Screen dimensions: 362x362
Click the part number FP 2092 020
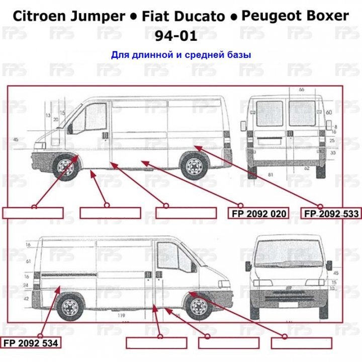[259, 214]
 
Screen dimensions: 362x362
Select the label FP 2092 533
[331, 214]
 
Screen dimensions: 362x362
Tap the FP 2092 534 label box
[31, 343]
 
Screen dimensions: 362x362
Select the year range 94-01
[181, 36]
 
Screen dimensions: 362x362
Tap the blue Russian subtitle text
[181, 54]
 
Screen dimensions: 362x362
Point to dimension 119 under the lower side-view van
[121, 315]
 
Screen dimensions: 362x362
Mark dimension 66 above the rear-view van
[302, 89]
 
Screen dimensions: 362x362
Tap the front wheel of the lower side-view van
[198, 306]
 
